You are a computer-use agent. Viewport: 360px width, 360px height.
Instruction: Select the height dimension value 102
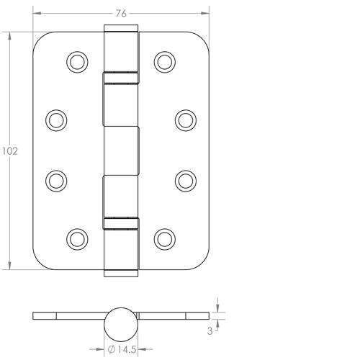coord(9,151)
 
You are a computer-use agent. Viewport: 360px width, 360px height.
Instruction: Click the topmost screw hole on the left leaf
coord(76,62)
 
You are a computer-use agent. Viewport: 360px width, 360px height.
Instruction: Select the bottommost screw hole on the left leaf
coord(76,237)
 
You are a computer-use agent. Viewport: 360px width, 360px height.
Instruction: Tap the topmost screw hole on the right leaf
coord(166,62)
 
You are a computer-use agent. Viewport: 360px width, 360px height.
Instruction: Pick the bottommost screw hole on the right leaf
coord(166,237)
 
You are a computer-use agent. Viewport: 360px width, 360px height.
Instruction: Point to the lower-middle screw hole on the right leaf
coord(185,179)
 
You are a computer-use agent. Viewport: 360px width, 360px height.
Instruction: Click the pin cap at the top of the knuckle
coord(121,29)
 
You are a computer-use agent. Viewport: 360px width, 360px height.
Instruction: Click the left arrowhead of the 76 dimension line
coord(37,13)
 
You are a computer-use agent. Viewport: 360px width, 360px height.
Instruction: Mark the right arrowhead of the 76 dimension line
coord(205,13)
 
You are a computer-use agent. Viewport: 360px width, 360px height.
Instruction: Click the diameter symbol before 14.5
coord(112,351)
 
